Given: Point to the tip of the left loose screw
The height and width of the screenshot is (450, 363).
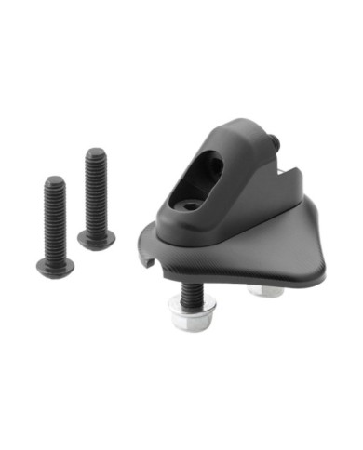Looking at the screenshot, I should tap(55, 180).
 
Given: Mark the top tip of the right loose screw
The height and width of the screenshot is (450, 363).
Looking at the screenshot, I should tap(96, 152).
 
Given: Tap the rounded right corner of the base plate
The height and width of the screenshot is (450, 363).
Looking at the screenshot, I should tap(321, 270).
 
